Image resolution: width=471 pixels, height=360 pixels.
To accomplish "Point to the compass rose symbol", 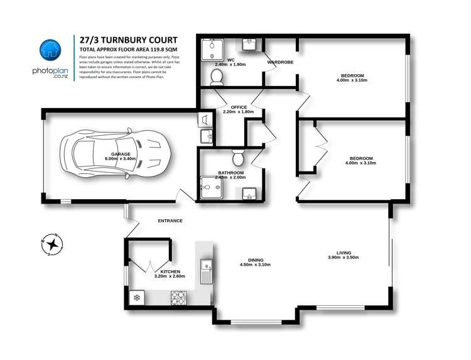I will (x=50, y=245).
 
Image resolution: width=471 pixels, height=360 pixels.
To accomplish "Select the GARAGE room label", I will (x=121, y=154).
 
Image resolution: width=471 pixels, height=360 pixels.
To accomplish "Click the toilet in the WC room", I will (x=217, y=77).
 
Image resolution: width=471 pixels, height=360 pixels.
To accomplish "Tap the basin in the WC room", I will (x=247, y=45).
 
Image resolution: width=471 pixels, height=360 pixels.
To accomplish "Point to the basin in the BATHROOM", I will (x=249, y=192).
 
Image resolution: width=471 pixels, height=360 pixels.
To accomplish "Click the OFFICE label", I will (x=239, y=107).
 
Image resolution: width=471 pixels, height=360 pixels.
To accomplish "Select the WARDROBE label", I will (x=279, y=62).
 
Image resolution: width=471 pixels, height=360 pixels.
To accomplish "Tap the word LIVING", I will (x=343, y=251).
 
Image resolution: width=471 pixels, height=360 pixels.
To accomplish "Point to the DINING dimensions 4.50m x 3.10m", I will (x=255, y=265).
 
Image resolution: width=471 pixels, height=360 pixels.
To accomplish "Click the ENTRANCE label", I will (x=170, y=221).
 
